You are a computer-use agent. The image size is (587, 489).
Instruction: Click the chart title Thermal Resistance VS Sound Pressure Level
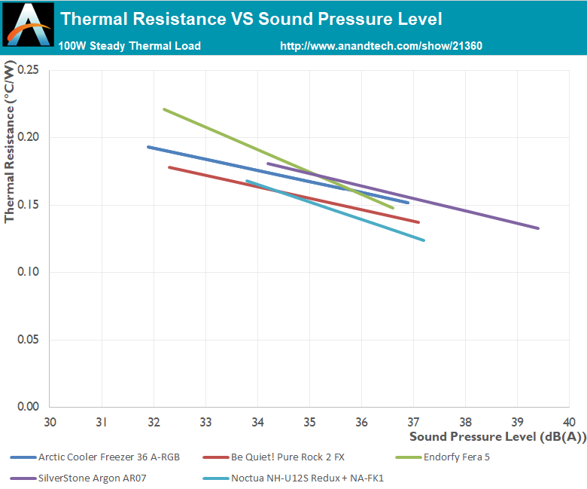(x=251, y=19)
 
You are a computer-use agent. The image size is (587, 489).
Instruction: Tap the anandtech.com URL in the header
(x=381, y=46)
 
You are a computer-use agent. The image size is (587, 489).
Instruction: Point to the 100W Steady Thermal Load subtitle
(x=129, y=46)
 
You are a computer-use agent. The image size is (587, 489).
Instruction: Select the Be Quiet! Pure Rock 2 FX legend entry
(x=278, y=457)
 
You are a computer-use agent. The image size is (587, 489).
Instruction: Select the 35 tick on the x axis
(x=309, y=420)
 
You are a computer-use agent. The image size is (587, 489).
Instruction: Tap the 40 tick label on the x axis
(x=568, y=420)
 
